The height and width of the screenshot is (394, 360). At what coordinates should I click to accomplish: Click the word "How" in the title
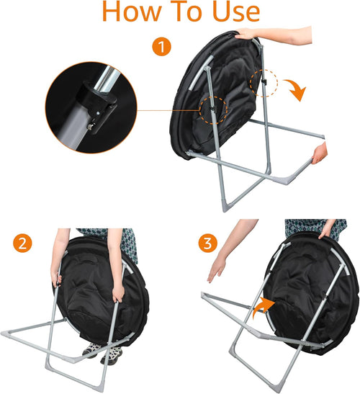[x=132, y=11]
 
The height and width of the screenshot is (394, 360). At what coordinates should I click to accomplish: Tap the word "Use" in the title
[x=236, y=12]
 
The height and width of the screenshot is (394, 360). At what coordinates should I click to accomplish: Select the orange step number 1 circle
[x=161, y=47]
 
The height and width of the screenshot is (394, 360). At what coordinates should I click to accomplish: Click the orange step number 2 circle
[x=22, y=243]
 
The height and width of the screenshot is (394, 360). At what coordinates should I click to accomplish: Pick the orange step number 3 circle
[x=207, y=243]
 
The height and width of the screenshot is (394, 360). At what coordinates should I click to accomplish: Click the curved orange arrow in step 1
[x=296, y=89]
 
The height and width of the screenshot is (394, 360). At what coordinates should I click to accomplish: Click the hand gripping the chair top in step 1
[x=246, y=34]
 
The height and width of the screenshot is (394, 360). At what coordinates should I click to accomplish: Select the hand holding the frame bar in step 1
[x=319, y=153]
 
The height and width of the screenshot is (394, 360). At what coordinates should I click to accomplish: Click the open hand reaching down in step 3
[x=216, y=269]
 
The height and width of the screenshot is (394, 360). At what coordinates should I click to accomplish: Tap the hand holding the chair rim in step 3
[x=326, y=231]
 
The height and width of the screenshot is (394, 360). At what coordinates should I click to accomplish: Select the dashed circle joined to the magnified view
[x=213, y=110]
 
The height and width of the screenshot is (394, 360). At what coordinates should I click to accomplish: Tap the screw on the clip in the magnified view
[x=90, y=127]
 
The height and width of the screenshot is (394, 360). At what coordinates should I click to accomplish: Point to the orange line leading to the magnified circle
[x=168, y=110]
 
